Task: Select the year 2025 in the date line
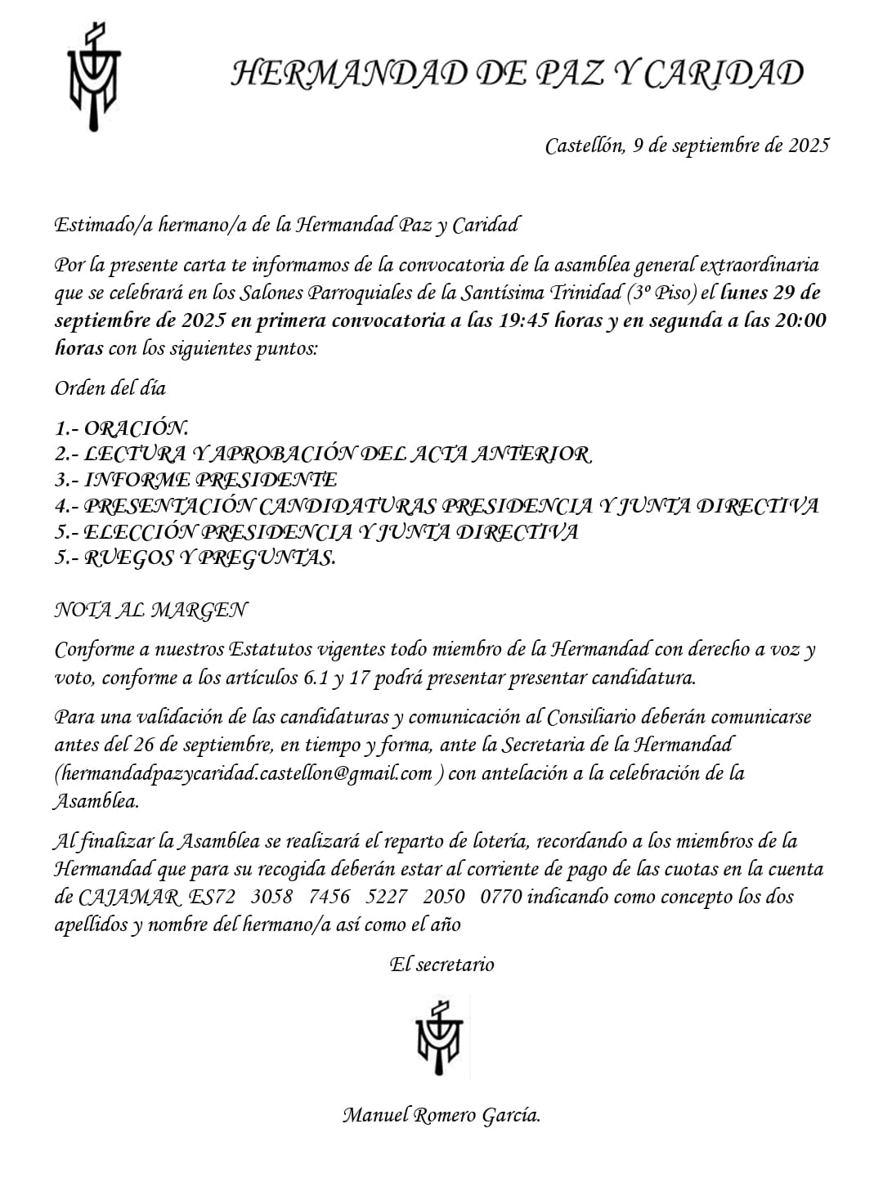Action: (809, 146)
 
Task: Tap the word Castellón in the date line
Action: (585, 146)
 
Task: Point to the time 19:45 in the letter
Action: (523, 320)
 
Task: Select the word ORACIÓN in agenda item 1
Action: (137, 428)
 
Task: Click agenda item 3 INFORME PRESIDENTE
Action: (196, 480)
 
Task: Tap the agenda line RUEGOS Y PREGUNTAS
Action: (196, 558)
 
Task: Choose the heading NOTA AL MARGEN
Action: (151, 610)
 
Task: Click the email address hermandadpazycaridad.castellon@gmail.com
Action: (244, 773)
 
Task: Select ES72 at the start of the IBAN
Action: (211, 897)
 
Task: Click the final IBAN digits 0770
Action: (500, 897)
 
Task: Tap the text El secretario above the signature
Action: (441, 965)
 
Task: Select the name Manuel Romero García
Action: (441, 1115)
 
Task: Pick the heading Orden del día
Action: (110, 388)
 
